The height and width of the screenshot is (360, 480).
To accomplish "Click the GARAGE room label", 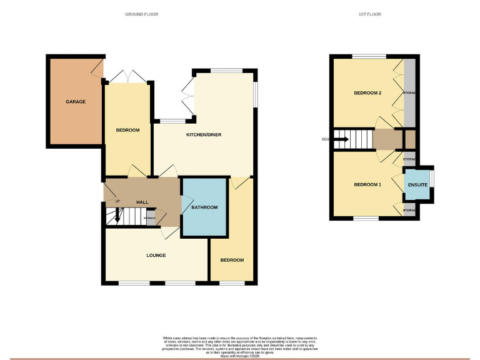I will (x=76, y=101).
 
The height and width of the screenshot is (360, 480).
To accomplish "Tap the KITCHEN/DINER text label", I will (x=204, y=135).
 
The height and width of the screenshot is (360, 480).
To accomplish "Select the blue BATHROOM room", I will (x=203, y=207).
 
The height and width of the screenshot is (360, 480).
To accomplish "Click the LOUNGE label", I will (x=156, y=255).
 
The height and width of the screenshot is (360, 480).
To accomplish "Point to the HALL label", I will (x=142, y=202).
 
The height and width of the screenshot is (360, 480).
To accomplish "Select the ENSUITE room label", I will (x=417, y=185).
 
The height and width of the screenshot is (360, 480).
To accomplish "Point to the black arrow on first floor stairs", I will (x=339, y=139).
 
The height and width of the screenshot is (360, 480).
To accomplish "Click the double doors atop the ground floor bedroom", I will (x=127, y=76).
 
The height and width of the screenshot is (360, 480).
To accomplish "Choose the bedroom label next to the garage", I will (x=127, y=130).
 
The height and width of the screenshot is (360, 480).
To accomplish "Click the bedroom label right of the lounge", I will (x=232, y=260).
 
